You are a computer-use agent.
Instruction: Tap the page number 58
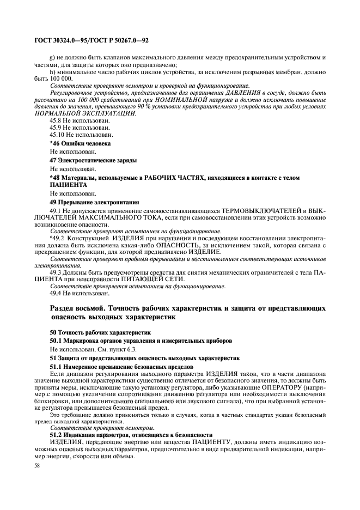pyautogui.click(x=38, y=467)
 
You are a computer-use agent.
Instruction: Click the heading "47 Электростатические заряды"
pyautogui.click(x=93, y=161)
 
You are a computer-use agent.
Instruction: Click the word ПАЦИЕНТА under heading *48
pyautogui.click(x=64, y=185)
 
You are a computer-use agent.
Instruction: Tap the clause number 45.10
pyautogui.click(x=58, y=133)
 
